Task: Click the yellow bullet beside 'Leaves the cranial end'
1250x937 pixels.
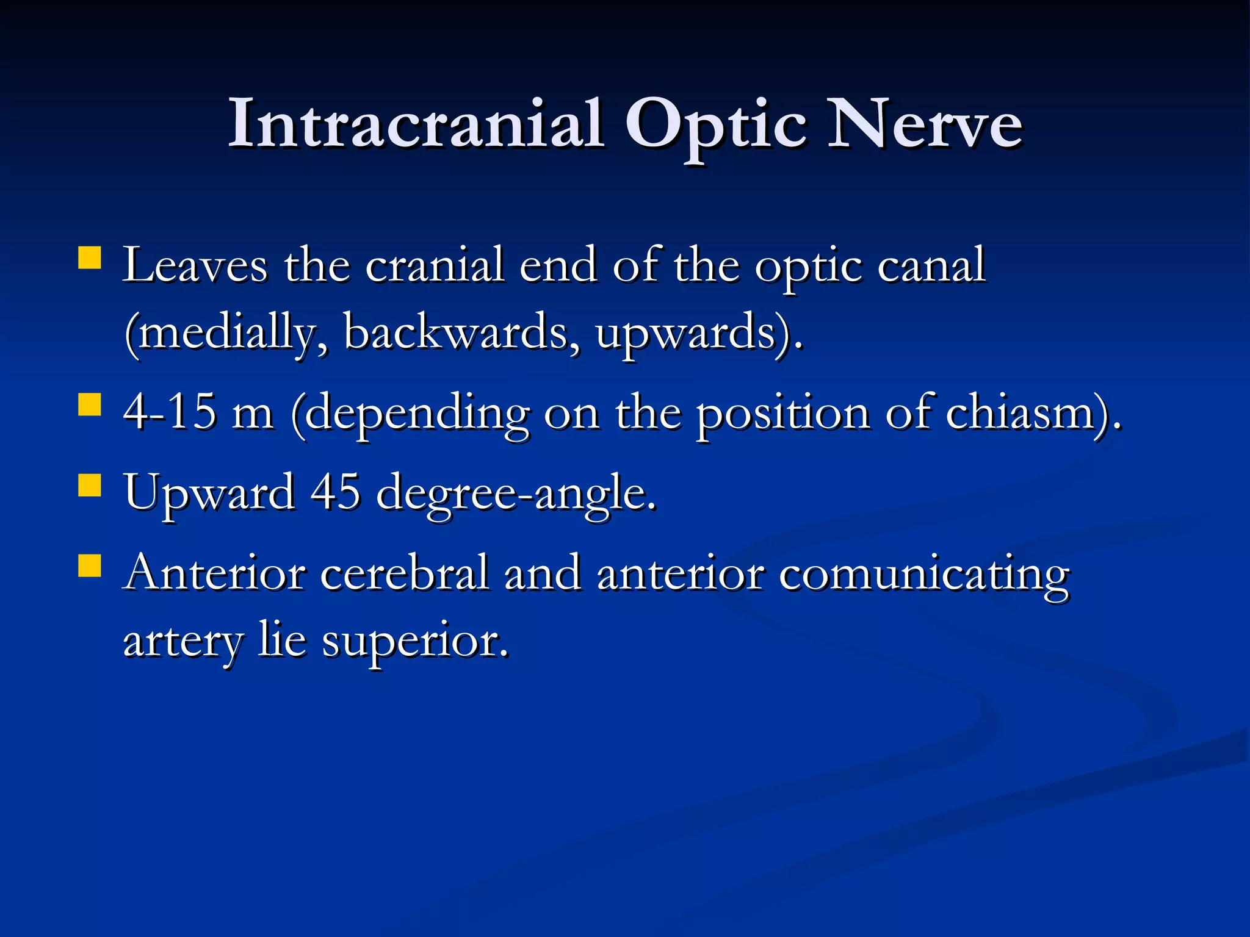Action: point(90,257)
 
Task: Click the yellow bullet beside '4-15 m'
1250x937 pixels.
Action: point(90,404)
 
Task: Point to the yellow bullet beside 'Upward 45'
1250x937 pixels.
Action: point(90,486)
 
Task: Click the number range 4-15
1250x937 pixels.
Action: point(170,412)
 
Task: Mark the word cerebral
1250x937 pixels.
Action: point(405,573)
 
